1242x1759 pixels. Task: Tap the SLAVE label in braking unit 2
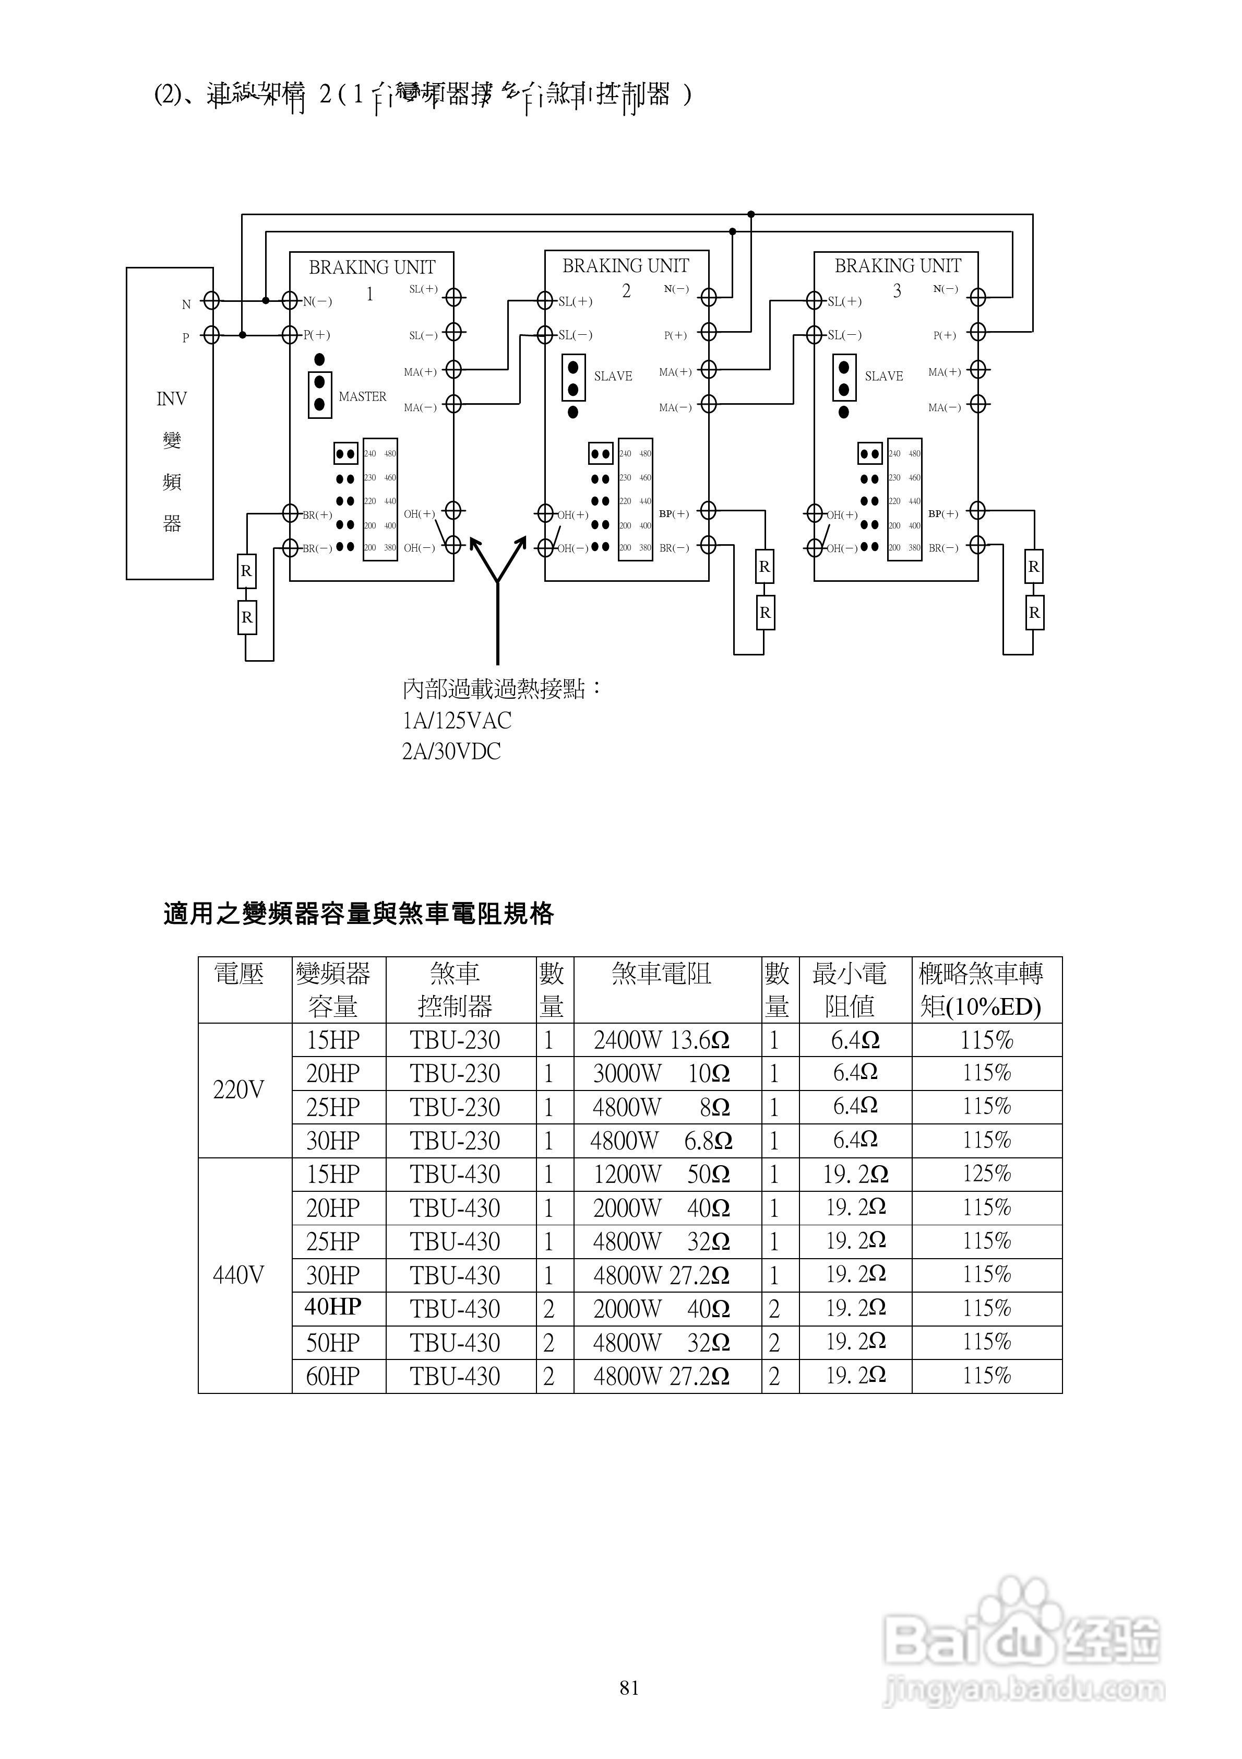pyautogui.click(x=613, y=376)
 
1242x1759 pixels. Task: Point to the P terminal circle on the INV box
pyautogui.click(x=211, y=335)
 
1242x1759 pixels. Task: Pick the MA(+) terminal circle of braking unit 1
pyautogui.click(x=453, y=369)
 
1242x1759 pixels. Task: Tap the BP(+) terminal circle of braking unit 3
pyautogui.click(x=977, y=510)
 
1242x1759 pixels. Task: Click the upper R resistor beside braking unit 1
pyautogui.click(x=246, y=571)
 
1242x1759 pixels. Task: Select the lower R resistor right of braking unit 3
pyautogui.click(x=1034, y=613)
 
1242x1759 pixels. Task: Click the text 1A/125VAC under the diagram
pyautogui.click(x=457, y=721)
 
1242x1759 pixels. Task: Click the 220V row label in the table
pyautogui.click(x=238, y=1089)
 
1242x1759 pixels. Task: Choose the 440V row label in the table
pyautogui.click(x=238, y=1275)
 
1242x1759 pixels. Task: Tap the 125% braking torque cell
pyautogui.click(x=986, y=1174)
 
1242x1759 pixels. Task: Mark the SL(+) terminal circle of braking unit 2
pyautogui.click(x=544, y=300)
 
